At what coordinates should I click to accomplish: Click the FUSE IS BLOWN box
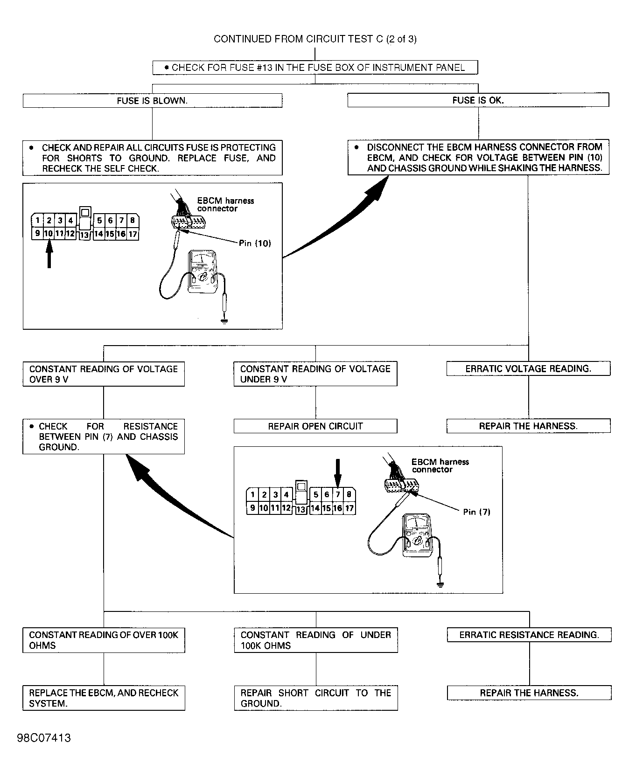153,100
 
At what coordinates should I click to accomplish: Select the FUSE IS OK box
478,100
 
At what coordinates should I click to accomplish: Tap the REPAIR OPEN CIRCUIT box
315,426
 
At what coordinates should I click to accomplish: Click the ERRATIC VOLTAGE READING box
528,368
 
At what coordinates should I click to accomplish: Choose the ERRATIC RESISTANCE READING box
529,635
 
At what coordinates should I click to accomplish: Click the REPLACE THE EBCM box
104,698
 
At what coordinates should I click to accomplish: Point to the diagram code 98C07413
44,738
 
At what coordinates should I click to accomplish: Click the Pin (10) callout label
255,243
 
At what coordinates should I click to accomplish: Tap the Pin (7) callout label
477,512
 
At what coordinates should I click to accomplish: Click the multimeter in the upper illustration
202,272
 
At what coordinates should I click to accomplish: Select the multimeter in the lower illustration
417,535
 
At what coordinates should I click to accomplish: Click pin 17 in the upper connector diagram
133,234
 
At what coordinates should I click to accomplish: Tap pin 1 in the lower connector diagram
252,495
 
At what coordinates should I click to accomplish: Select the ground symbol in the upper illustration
224,321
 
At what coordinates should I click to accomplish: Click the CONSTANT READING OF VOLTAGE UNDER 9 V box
315,374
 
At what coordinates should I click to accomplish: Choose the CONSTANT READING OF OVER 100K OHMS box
104,640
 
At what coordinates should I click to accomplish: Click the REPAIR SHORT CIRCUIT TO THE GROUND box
316,698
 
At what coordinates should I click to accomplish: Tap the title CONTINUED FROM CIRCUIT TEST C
315,39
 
